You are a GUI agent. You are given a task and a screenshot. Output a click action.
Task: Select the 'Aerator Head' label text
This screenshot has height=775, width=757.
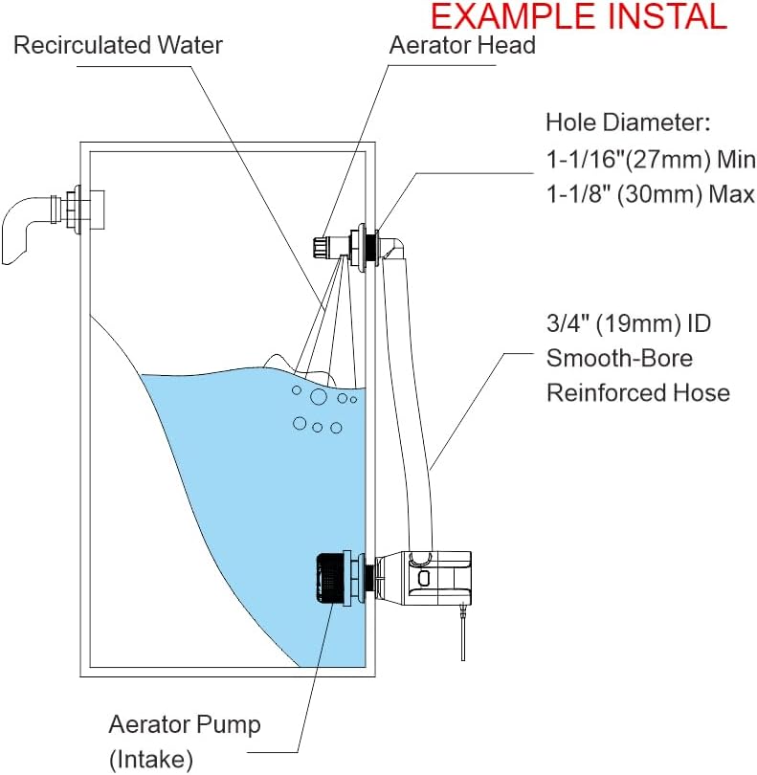click(462, 45)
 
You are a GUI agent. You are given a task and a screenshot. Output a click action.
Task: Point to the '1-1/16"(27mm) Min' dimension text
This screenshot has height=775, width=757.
click(650, 159)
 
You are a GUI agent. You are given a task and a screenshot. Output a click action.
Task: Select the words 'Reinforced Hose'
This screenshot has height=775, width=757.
click(637, 393)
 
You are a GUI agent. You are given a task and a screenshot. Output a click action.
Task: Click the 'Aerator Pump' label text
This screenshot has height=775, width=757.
click(184, 724)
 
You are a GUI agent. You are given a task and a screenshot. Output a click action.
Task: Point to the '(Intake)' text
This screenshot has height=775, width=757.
click(150, 760)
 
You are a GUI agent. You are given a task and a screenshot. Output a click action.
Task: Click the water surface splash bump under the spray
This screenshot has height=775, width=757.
click(278, 362)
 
